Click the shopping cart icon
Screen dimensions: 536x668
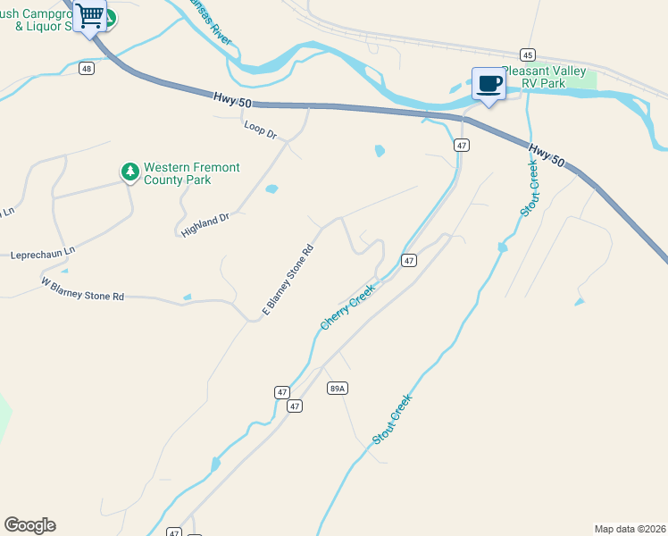[x=90, y=16]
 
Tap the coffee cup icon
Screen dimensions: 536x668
[x=488, y=84]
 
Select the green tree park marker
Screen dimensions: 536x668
[x=130, y=171]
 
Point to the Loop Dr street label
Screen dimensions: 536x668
[x=261, y=130]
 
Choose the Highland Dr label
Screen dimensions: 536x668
[x=205, y=224]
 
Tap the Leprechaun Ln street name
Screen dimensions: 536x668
[x=43, y=254]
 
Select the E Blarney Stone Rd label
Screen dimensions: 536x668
[x=288, y=280]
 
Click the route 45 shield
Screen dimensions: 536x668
[x=528, y=54]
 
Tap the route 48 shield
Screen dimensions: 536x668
[x=86, y=69]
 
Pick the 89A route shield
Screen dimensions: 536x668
[x=337, y=388]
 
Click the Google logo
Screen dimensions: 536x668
[x=29, y=525]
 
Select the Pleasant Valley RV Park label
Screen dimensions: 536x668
[x=547, y=77]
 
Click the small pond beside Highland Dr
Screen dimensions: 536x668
[x=271, y=189]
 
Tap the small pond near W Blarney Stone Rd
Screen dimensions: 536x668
[x=187, y=297]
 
